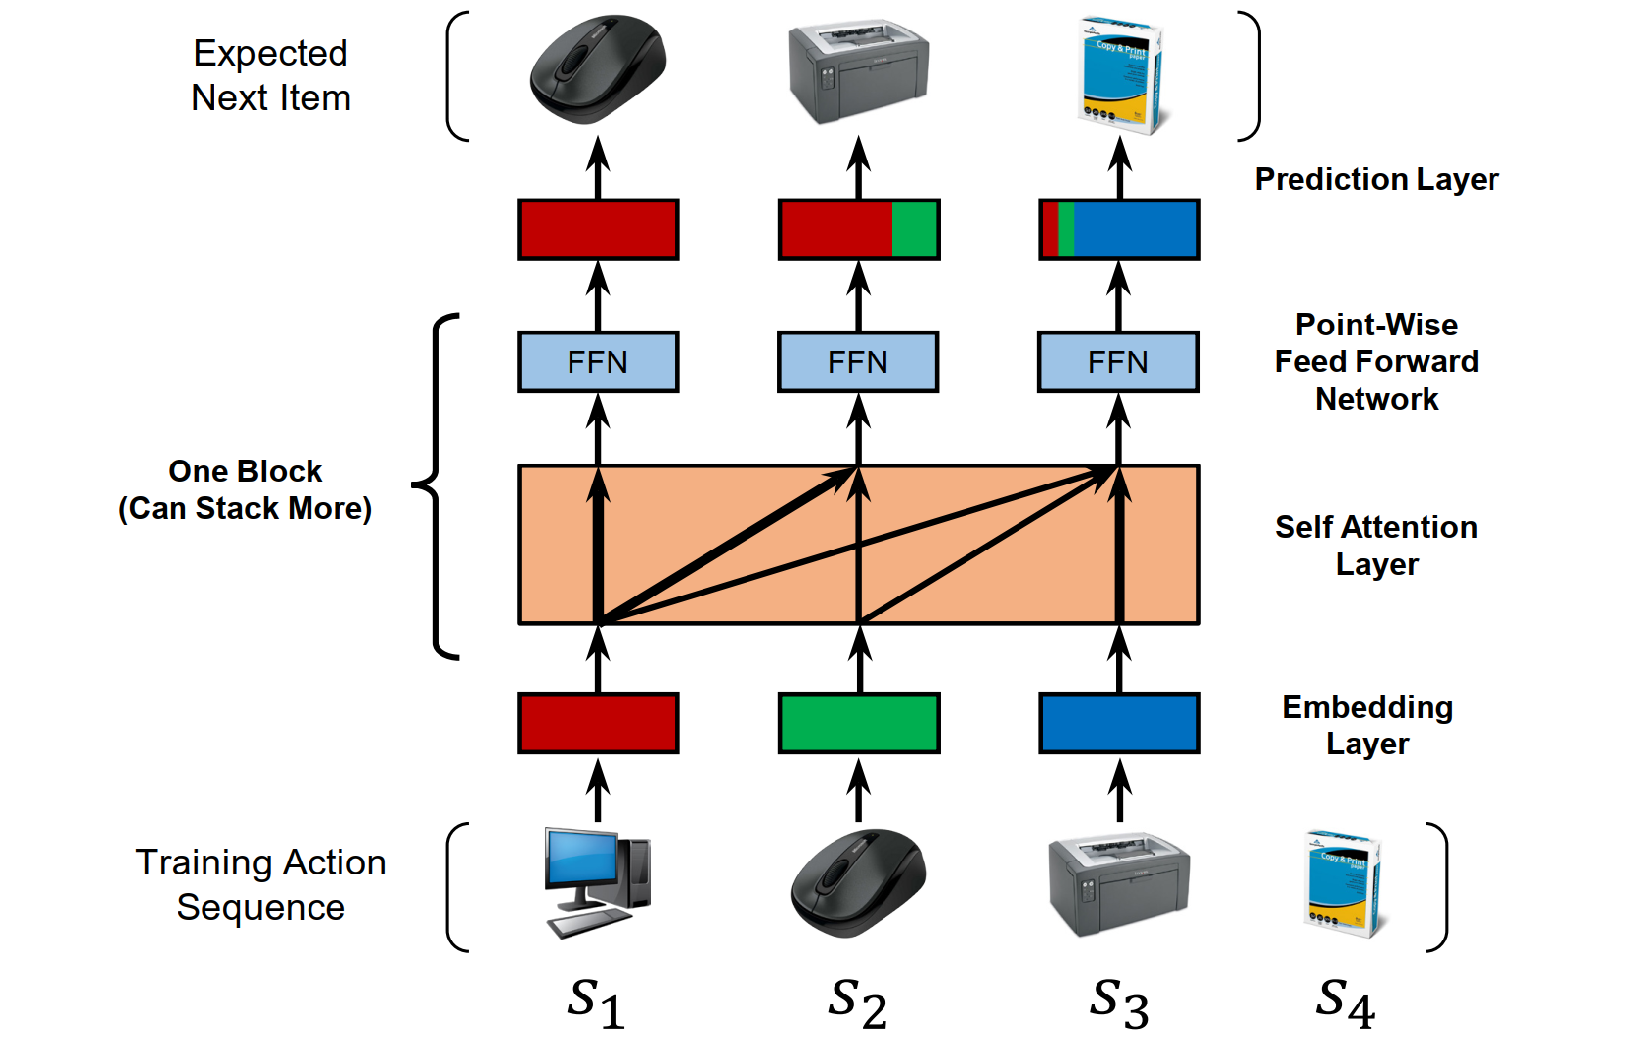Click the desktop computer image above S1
598,881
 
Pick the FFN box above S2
859,362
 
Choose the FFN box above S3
1119,362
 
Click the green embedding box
859,724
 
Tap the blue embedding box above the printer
1119,724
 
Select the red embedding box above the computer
598,724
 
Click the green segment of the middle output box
914,229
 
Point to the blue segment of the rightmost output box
1135,229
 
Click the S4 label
1345,1002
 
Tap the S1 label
596,1002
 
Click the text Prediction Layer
1376,179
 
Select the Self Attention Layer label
1376,545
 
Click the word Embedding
1367,707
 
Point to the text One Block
244,471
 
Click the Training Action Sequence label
260,884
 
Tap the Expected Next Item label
270,75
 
